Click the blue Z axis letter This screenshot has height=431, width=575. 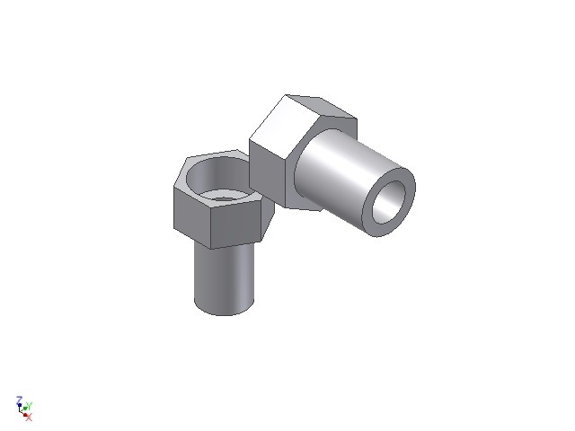[x=19, y=400]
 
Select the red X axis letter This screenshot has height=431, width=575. [x=29, y=418]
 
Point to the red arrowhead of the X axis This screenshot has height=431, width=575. [x=25, y=414]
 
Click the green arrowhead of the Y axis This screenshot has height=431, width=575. [x=26, y=409]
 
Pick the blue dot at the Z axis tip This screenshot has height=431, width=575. [x=19, y=405]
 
